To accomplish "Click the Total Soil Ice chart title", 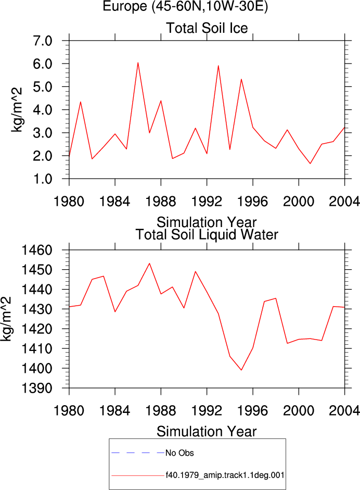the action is click(x=207, y=28).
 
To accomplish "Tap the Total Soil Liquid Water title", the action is click(x=207, y=235).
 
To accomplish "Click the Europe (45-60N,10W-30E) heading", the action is click(x=186, y=6).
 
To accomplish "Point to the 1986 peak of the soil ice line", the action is click(x=138, y=63).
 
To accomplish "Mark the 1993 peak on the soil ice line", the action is click(x=218, y=66).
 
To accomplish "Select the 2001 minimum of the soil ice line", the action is click(x=311, y=164).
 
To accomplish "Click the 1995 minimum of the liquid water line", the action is click(x=241, y=370).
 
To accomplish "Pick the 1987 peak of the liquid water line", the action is click(x=149, y=263).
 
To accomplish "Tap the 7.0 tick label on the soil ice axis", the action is click(x=43, y=41).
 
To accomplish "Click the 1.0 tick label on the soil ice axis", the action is click(x=43, y=179).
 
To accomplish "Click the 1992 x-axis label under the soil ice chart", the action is click(x=207, y=201).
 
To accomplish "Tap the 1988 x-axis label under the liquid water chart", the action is click(x=161, y=410).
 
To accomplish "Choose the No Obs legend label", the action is click(x=179, y=453).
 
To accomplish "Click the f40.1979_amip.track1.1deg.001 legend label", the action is click(x=225, y=475).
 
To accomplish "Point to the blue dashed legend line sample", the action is click(x=138, y=453).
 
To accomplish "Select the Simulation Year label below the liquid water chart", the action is click(x=207, y=432).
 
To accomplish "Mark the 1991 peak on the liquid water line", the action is click(x=196, y=271).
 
